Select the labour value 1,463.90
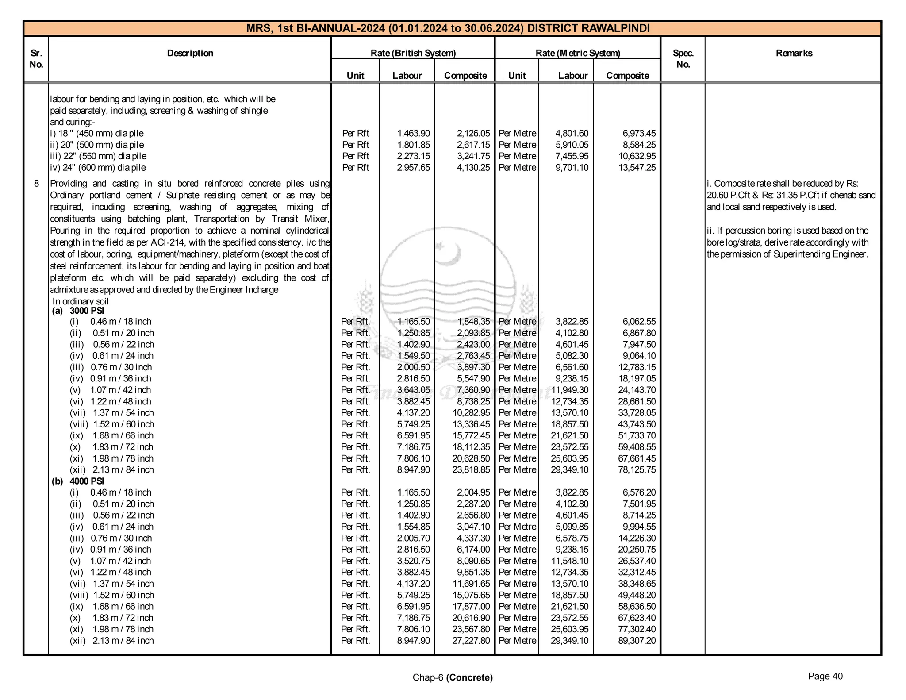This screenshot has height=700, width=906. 413,133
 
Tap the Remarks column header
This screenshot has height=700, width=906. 794,53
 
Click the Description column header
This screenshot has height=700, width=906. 190,53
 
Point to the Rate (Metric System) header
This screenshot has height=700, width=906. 577,53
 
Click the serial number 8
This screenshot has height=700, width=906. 36,183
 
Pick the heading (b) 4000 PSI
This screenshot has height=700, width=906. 78,481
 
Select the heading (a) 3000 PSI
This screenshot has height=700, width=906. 78,310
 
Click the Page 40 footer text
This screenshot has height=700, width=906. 825,676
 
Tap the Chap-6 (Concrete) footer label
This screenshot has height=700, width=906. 452,677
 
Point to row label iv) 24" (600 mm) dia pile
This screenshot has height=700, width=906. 98,167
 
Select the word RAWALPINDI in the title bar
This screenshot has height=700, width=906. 615,28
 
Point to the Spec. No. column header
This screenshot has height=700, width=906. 683,58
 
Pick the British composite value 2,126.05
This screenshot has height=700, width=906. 473,133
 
